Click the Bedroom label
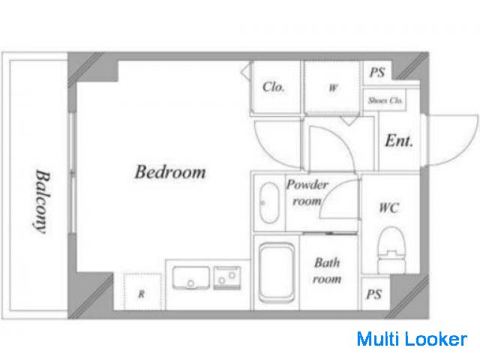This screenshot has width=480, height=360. [170, 172]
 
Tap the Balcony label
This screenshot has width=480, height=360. [42, 202]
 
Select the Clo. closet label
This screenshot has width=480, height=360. [273, 87]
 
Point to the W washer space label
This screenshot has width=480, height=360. [333, 88]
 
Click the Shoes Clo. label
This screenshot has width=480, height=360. [385, 100]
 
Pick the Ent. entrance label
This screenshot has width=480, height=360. [398, 141]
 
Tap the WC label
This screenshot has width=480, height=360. [389, 208]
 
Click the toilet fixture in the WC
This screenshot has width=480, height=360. [391, 249]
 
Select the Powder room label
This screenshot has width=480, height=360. [307, 193]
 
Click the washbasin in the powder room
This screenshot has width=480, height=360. [269, 202]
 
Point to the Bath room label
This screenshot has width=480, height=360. [327, 271]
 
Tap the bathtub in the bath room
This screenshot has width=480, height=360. [277, 272]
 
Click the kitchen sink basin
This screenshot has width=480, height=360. [191, 277]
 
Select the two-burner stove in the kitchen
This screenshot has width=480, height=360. [226, 277]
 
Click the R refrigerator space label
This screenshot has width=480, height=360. [142, 294]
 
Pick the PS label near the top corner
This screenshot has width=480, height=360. [377, 72]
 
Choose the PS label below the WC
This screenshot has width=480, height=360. [373, 294]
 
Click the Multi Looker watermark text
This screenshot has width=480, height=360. [412, 339]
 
